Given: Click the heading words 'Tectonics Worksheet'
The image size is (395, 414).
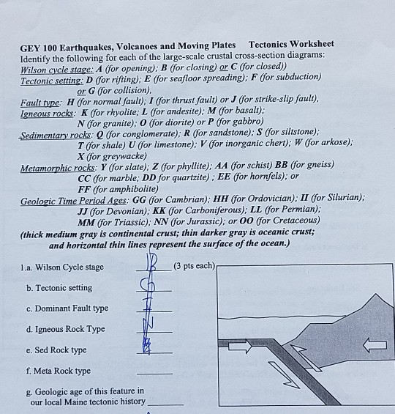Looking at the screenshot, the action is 291,45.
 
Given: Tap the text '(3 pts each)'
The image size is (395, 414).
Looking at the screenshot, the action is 195,265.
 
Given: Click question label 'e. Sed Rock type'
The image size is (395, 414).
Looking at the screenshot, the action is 56,350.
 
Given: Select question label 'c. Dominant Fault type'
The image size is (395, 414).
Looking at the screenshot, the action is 67,308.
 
